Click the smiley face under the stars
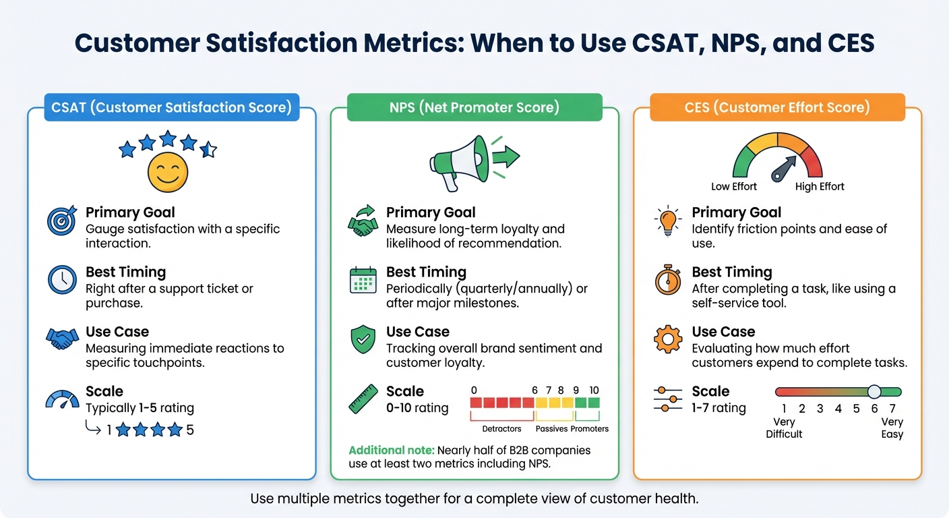coord(167,172)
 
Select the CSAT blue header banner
coord(171,107)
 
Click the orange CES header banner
coord(777,107)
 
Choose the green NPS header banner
coord(474,107)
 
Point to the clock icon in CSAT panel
coord(62,280)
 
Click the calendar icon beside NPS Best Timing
coord(363,280)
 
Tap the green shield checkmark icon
coord(363,339)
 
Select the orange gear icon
coord(668,339)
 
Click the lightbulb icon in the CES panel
coord(668,221)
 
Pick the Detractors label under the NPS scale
coord(501,429)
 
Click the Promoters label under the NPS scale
coord(589,429)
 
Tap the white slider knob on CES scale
coord(874,392)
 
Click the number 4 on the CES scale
coord(838,409)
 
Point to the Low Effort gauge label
coord(734,187)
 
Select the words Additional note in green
coord(391,450)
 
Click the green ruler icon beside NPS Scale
coord(363,399)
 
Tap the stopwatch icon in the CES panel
coord(668,280)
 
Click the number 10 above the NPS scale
coord(593,391)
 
